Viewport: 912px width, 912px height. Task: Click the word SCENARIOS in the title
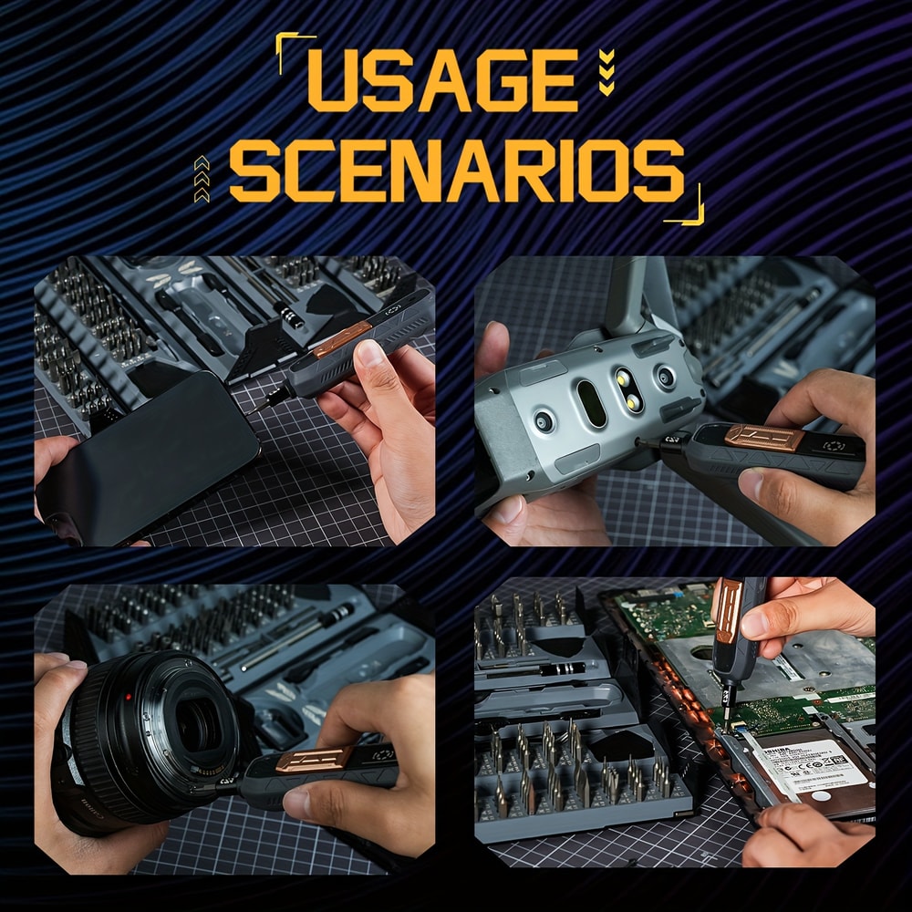pos(456,171)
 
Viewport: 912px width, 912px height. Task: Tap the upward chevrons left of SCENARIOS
pos(202,178)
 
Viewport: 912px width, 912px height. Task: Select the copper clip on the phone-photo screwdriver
pos(342,338)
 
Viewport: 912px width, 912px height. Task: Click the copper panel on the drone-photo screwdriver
pos(764,437)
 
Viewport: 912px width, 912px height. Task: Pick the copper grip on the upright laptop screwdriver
pos(727,608)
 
